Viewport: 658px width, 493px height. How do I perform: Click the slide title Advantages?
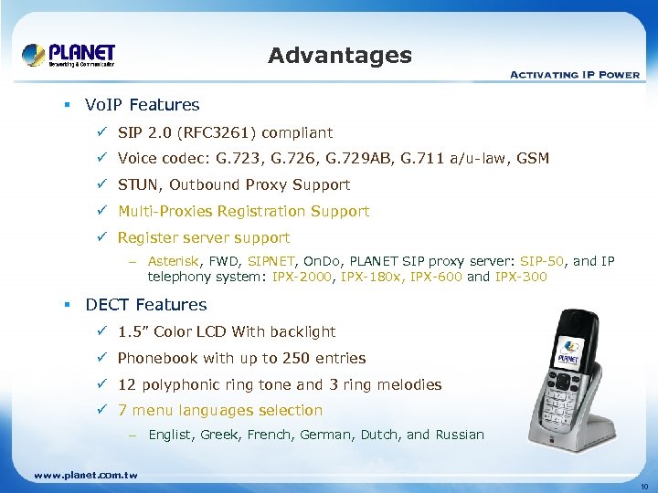click(x=340, y=56)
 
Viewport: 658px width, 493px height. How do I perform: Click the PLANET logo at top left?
click(x=69, y=54)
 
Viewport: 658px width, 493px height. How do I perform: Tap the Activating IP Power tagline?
click(x=574, y=74)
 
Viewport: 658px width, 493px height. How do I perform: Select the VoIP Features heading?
click(x=142, y=105)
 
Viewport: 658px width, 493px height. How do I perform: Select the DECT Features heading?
click(x=146, y=305)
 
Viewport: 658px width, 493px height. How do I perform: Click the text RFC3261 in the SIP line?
click(x=204, y=133)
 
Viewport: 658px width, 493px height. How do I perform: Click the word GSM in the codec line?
click(x=533, y=159)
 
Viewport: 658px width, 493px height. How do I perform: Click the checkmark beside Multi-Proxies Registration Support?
click(x=102, y=212)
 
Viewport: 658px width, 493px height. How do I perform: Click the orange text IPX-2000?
click(x=303, y=277)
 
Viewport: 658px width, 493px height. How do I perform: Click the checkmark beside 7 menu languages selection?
click(x=102, y=411)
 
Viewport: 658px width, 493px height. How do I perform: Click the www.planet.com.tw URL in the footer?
click(x=85, y=476)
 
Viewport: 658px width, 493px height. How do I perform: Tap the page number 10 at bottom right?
click(x=643, y=486)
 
